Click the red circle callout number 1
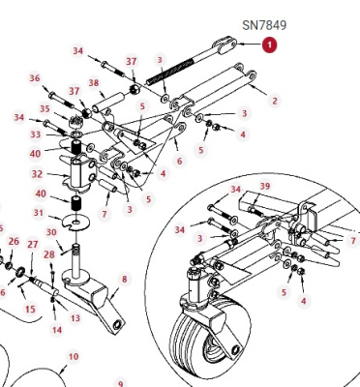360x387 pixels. point(269,45)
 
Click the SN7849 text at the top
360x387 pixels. point(264,25)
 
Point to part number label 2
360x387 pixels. point(275,101)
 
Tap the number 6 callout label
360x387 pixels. point(180,161)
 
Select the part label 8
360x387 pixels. point(125,280)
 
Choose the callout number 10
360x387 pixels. point(74,357)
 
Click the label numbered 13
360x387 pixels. point(75,318)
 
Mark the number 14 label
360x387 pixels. point(57,330)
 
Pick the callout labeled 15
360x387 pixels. point(30,310)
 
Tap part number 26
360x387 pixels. point(14,242)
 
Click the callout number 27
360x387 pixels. point(33,245)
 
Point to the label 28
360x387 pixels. point(49,254)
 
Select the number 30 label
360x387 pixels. point(51,232)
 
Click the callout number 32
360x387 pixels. point(37,174)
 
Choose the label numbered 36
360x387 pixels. point(35,78)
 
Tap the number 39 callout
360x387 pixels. point(265,187)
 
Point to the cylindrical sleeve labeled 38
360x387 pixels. point(109,102)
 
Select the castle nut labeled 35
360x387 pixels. point(76,122)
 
